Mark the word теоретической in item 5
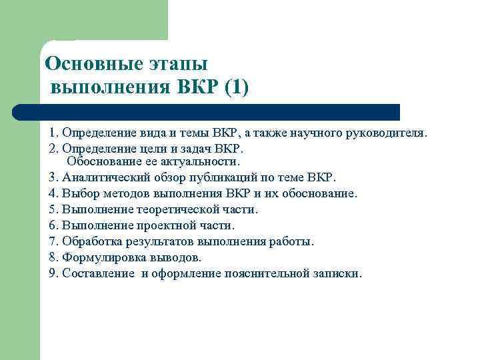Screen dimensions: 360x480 tap(171, 209)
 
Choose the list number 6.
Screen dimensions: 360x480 tap(53, 225)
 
